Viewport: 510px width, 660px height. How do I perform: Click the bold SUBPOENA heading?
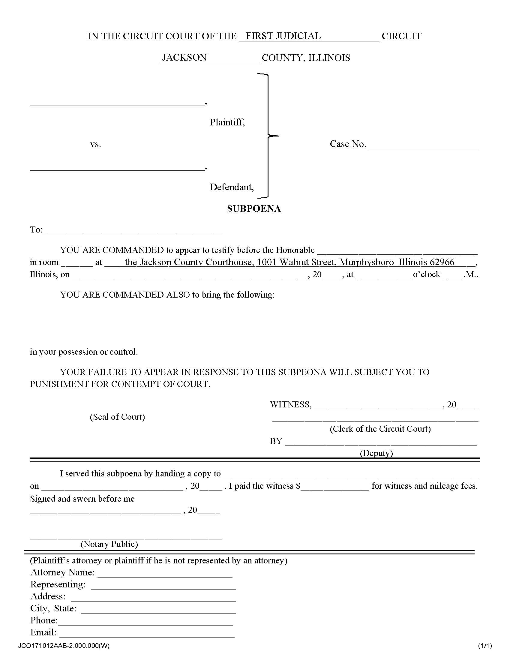coord(254,209)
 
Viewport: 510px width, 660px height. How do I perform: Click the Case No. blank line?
coord(424,146)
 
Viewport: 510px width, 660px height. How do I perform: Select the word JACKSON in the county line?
coord(184,57)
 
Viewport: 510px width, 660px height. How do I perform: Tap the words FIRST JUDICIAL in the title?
coord(283,36)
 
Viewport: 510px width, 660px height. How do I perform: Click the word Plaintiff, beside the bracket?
coord(227,122)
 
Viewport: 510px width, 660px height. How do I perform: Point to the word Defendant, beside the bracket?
coord(232,187)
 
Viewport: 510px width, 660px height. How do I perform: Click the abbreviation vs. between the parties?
coord(95,145)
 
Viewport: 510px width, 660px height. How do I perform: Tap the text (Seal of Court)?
coord(117,417)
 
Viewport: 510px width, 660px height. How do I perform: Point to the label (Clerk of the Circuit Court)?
coord(380,429)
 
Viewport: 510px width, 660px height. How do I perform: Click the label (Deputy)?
coord(376,453)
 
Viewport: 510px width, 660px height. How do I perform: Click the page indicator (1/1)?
coord(484,646)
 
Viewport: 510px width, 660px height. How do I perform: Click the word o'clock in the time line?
coord(426,274)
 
